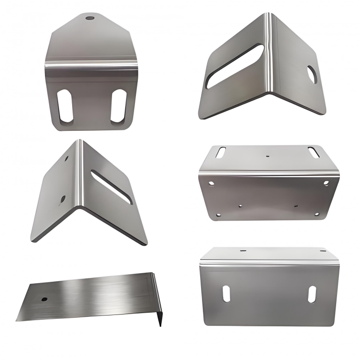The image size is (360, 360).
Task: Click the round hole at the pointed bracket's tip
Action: point(90,19)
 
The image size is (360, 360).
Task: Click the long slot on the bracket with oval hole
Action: point(234,66)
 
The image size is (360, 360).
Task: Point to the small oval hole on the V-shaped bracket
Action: point(312,75)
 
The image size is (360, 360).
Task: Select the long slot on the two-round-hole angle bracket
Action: point(112,186)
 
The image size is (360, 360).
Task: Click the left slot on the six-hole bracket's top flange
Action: point(221,152)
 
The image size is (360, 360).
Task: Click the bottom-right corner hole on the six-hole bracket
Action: point(316,214)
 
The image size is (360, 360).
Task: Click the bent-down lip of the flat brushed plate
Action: point(158,300)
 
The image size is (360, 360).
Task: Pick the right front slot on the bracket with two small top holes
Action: point(312,294)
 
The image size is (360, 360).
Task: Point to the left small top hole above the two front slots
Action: point(243,251)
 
